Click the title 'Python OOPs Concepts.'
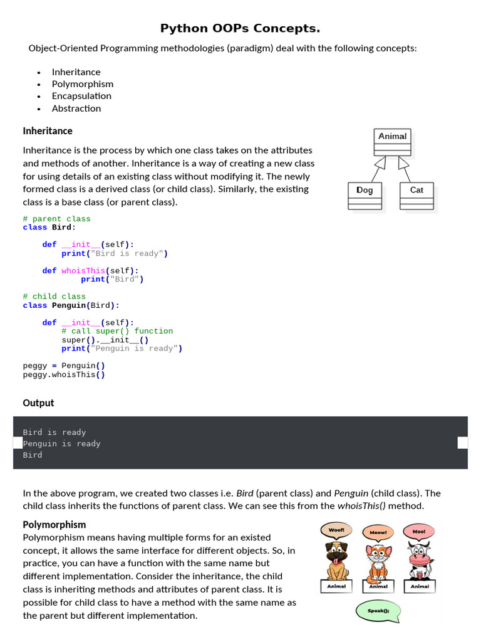(x=240, y=28)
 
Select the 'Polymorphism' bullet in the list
(x=83, y=84)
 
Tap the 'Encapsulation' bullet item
(x=81, y=96)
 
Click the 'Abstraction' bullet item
(x=76, y=108)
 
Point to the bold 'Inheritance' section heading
(x=48, y=131)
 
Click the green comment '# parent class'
(x=56, y=219)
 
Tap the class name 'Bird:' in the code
(x=63, y=228)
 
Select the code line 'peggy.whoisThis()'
(x=64, y=375)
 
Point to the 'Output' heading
(x=38, y=403)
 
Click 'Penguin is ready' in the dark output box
(x=61, y=444)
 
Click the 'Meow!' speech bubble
(x=378, y=533)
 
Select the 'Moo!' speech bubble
(x=419, y=532)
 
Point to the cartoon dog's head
(x=336, y=552)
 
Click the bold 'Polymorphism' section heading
(x=54, y=525)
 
